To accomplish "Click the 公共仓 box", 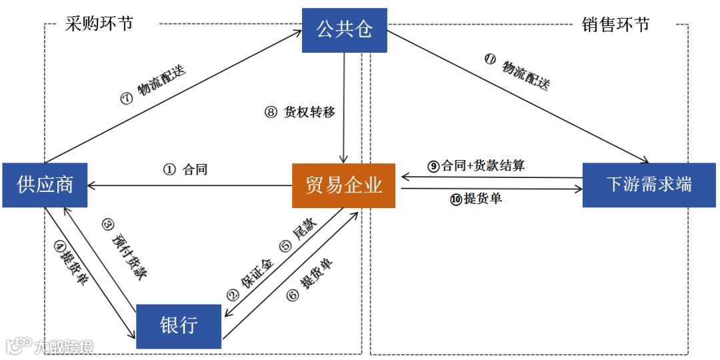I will (x=344, y=30).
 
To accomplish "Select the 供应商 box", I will (x=45, y=185).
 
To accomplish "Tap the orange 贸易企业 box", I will (x=344, y=185).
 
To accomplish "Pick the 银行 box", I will (x=178, y=326).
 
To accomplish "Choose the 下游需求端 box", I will (x=649, y=185).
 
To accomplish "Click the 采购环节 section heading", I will (x=99, y=24).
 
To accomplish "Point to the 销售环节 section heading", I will (x=615, y=25).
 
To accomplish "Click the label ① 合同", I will (x=185, y=169).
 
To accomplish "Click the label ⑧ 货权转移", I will (x=300, y=113).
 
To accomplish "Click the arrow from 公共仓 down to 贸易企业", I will (x=344, y=107).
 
